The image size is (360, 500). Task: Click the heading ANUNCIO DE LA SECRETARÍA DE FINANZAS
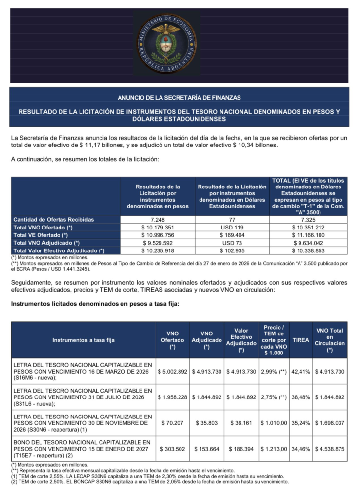180,98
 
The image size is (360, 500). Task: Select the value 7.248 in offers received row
158,219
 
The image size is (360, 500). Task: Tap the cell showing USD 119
232,227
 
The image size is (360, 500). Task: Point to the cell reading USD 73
232,243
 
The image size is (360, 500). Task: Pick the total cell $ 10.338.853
309,250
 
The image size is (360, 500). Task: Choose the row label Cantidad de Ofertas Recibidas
54,219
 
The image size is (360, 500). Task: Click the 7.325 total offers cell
309,219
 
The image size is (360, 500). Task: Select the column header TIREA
300,340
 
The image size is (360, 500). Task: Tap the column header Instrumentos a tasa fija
83,340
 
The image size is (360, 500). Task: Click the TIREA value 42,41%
300,372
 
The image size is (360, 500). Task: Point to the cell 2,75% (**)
275,397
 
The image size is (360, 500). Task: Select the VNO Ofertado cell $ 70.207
173,422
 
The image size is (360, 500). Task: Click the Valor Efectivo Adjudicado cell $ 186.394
241,448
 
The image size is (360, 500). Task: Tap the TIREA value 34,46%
300,448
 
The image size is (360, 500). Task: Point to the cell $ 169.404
232,235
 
